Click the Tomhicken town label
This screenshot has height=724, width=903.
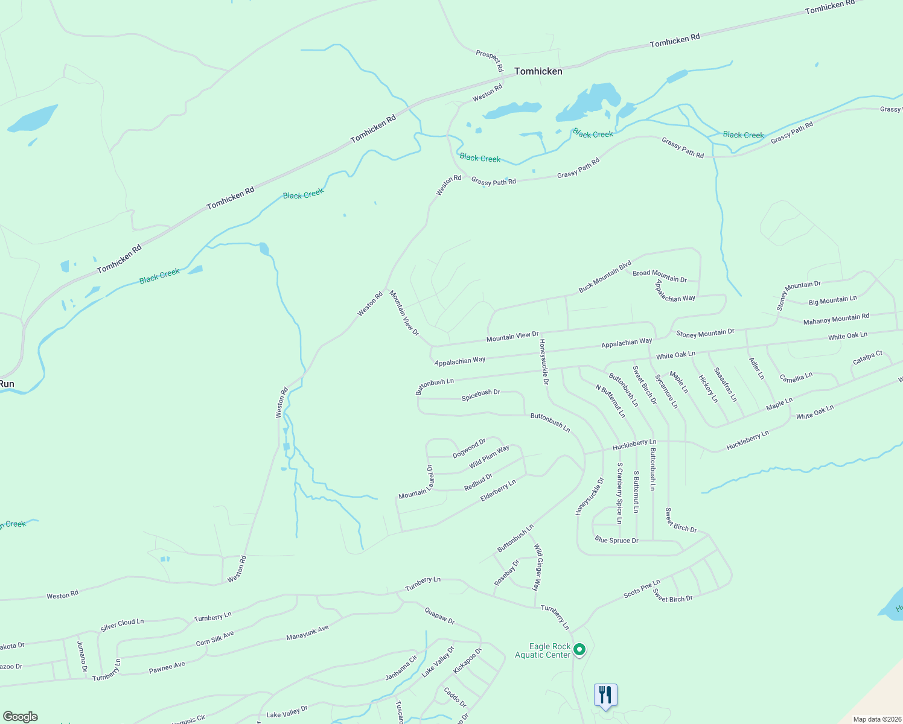[x=538, y=71]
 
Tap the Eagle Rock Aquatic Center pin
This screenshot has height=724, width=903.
[x=579, y=650]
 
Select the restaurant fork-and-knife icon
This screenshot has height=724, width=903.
[x=605, y=695]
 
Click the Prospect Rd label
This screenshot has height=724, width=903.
[x=490, y=60]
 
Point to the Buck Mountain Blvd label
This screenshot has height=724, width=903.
[x=605, y=276]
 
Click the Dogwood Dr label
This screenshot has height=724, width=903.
[x=469, y=448]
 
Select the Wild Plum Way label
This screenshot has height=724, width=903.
[x=489, y=457]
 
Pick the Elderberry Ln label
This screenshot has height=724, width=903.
[x=498, y=491]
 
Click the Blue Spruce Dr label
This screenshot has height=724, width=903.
[x=616, y=540]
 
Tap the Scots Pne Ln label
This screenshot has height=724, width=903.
[x=642, y=589]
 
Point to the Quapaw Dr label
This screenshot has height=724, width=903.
[x=439, y=616]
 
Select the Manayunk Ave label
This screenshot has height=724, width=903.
[x=307, y=633]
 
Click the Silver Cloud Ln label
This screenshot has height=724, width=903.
[x=122, y=624]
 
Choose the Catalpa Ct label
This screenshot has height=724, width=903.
[x=867, y=358]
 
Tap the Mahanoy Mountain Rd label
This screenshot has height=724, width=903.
[x=836, y=319]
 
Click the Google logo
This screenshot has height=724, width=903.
[x=21, y=717]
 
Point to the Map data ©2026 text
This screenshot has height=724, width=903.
[x=875, y=719]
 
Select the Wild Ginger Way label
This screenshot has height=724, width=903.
[x=537, y=567]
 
